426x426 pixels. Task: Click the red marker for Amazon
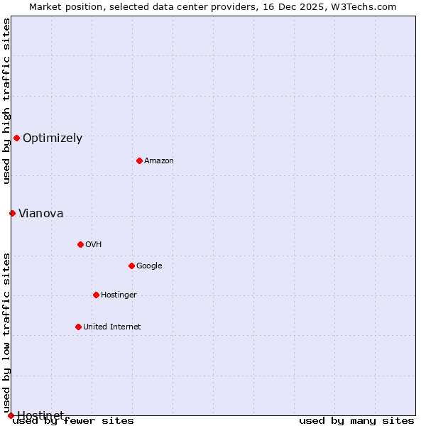(x=139, y=160)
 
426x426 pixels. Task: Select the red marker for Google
(x=131, y=266)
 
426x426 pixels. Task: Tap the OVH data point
(x=80, y=244)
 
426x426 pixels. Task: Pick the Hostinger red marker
(x=96, y=295)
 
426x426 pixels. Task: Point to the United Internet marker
(x=78, y=327)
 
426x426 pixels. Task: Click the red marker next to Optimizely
(x=16, y=138)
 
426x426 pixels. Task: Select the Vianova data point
(x=12, y=213)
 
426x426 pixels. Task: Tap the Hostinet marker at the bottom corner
(x=11, y=415)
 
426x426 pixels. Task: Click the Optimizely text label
(x=53, y=138)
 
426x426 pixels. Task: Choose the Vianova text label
(x=40, y=214)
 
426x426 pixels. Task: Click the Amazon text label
(x=159, y=161)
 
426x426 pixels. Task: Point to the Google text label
(x=149, y=266)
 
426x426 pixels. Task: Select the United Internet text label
(x=111, y=327)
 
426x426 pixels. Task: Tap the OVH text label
(x=93, y=245)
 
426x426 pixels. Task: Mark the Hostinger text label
(x=119, y=295)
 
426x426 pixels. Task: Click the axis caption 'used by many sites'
(x=356, y=421)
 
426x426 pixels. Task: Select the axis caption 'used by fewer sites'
(x=73, y=421)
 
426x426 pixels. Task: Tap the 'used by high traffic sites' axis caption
(x=7, y=101)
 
